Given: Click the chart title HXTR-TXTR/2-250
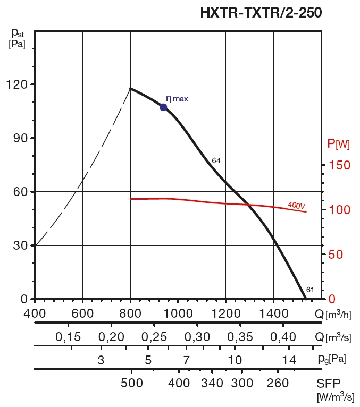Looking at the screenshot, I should [x=261, y=12].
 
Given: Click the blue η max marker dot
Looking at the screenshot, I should [x=163, y=107].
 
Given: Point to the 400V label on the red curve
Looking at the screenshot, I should [x=296, y=205].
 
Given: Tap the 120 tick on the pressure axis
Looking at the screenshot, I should [x=18, y=84].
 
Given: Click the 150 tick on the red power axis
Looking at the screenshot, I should [x=339, y=165].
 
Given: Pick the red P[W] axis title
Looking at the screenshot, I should [x=339, y=143].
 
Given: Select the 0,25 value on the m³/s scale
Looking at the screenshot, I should [x=154, y=337].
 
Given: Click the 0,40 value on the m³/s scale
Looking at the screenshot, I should [x=282, y=337].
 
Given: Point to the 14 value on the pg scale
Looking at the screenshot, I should [x=289, y=361].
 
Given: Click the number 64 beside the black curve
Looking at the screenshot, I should [x=216, y=160].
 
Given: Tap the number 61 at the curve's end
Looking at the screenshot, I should [x=311, y=290].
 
